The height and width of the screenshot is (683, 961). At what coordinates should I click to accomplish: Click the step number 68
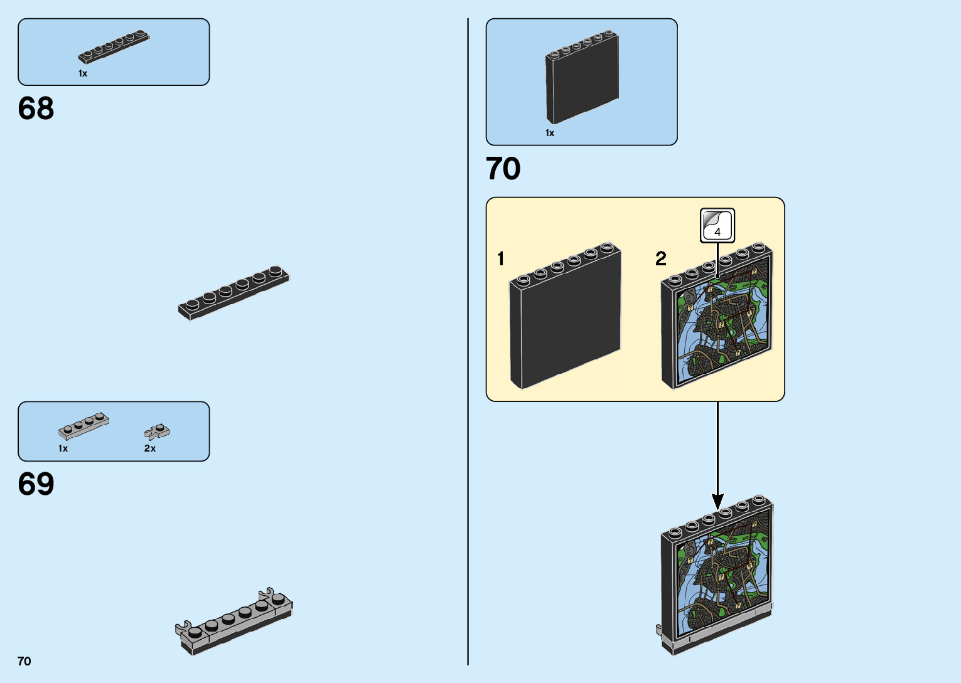(x=36, y=109)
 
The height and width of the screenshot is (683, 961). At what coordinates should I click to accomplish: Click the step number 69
(x=36, y=484)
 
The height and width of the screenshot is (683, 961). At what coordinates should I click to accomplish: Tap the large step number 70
(x=503, y=169)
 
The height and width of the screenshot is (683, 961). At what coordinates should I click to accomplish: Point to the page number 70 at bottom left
(x=24, y=661)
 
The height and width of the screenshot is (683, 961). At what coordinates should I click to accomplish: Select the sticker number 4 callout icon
(x=717, y=225)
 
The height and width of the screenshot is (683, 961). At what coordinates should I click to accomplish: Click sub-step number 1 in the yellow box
(x=500, y=258)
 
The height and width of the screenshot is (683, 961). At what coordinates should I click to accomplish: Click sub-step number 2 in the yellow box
(x=660, y=258)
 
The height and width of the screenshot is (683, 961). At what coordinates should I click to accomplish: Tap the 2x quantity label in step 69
(x=150, y=448)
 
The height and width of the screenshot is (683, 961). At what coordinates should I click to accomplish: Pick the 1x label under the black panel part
(x=550, y=133)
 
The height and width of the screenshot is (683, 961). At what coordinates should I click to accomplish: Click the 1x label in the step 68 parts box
(x=83, y=73)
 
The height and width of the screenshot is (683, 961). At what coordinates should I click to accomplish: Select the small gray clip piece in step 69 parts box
(x=156, y=432)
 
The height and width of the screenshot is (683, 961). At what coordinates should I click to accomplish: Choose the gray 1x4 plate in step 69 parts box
(x=83, y=426)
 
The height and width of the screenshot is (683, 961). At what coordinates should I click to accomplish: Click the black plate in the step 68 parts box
(x=114, y=47)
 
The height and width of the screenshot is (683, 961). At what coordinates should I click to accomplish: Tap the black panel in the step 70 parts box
(x=582, y=78)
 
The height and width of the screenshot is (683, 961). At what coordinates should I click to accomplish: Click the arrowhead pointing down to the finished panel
(x=717, y=501)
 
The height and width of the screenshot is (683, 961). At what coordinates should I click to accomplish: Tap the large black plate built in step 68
(x=234, y=293)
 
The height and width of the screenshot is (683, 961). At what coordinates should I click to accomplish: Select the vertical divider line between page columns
(x=468, y=342)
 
